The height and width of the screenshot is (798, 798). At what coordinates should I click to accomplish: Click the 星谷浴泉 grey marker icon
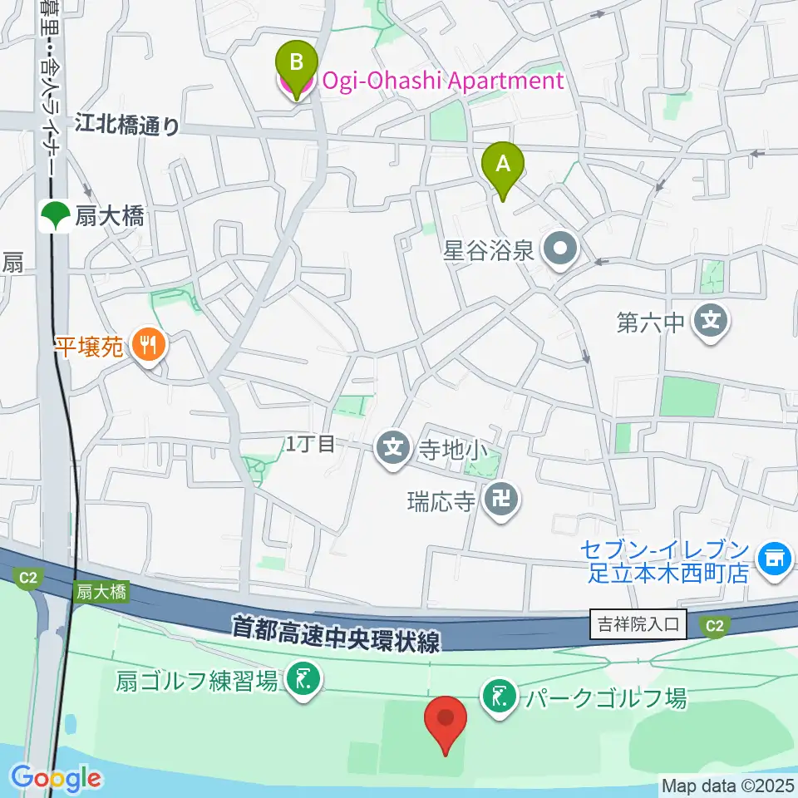pos(559,249)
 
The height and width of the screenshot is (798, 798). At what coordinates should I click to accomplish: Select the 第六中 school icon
pos(712,320)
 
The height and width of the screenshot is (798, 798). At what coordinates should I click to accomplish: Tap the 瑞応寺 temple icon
pos(501,500)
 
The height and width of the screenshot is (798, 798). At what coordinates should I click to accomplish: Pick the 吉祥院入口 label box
pos(638,623)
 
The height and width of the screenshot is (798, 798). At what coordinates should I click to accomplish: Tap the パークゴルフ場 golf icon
pos(500,697)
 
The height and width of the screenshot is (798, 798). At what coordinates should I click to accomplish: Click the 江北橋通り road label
pos(126,126)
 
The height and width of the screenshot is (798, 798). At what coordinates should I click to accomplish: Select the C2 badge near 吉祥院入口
pos(714,628)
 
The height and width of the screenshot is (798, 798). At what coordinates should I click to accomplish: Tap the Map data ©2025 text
pos(727,786)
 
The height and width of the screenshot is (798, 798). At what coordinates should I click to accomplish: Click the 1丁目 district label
pos(310,445)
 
